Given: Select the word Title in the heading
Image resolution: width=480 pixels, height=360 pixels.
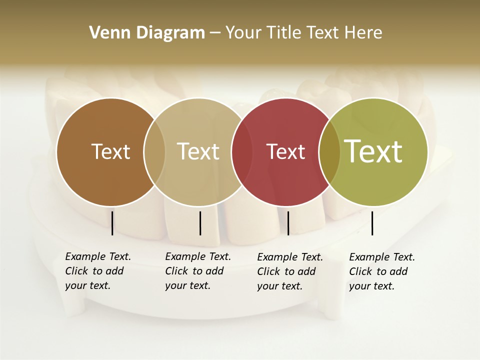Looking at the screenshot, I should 285,33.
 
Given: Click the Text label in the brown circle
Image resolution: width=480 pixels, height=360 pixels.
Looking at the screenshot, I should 110,151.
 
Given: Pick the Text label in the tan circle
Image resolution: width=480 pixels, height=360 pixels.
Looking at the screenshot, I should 198,151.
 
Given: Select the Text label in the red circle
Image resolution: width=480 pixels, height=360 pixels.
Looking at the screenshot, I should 286,151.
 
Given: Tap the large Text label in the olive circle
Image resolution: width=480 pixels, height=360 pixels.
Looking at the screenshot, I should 373,151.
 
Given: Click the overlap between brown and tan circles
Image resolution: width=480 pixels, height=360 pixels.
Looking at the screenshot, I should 154,151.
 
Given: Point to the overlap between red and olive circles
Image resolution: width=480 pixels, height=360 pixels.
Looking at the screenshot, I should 329,151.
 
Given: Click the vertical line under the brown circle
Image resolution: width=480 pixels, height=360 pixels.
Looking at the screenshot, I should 112,223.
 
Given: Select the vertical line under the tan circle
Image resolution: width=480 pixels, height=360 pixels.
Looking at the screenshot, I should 200,223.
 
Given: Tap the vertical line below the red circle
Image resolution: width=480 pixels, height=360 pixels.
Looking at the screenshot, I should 288,223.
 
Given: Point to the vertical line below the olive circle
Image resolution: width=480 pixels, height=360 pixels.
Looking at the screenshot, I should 372,223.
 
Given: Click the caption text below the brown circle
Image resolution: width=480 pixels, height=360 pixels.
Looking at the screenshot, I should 98,271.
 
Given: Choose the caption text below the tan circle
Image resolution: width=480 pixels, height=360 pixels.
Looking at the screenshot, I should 198,271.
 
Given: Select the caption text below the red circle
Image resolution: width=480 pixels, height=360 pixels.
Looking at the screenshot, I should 290,271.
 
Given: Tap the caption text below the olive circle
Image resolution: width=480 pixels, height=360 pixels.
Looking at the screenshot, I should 382,271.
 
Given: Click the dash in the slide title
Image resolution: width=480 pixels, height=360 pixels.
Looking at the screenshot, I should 215,33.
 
